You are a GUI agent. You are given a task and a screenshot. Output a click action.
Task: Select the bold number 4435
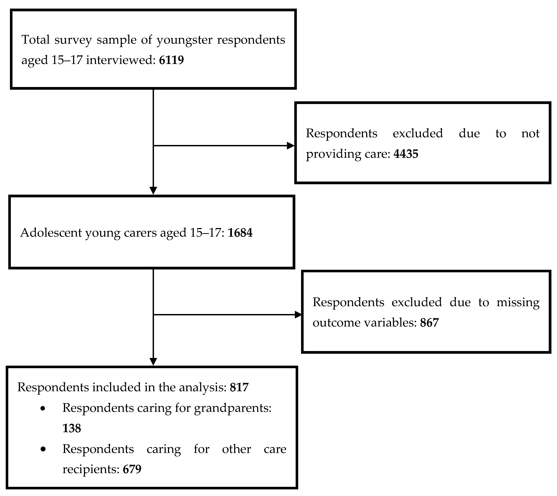point(406,154)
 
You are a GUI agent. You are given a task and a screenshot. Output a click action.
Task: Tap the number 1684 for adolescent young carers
point(240,233)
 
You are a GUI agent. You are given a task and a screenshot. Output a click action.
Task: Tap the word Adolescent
point(51,233)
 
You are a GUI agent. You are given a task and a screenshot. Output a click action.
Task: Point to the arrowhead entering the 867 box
point(299,315)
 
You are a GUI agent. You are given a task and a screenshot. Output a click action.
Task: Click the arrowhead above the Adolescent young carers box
point(153,190)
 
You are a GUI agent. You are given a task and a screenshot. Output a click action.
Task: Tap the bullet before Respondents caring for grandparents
point(43,409)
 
